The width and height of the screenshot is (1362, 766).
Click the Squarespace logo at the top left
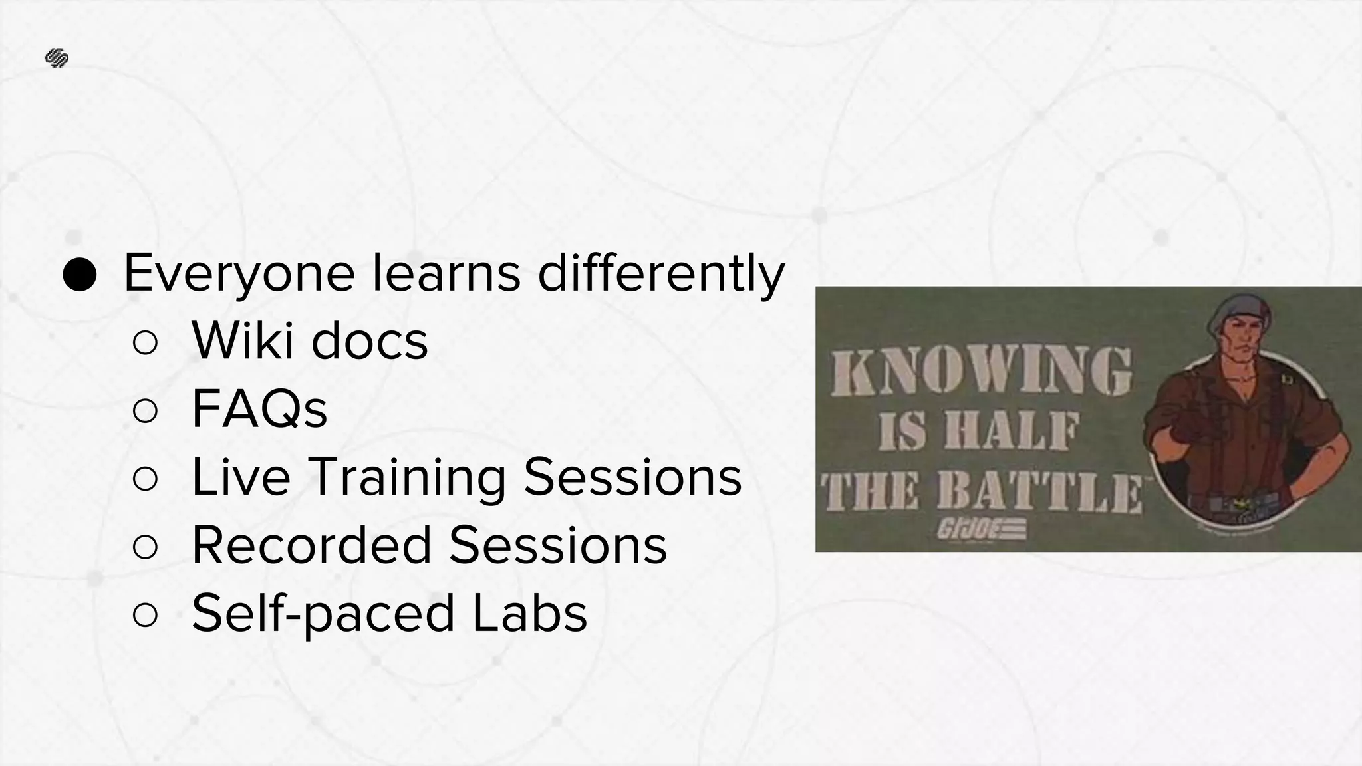click(x=57, y=59)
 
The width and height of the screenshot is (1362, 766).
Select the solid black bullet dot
click(x=80, y=274)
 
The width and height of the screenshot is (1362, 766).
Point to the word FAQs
click(x=259, y=410)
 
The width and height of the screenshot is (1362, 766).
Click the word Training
click(x=407, y=477)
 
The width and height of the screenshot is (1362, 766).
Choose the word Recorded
click(x=312, y=545)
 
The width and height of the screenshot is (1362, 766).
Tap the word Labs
click(x=529, y=613)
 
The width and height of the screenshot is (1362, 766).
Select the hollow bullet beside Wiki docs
click(x=145, y=343)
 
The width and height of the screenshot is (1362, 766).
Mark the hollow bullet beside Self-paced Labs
click(x=145, y=615)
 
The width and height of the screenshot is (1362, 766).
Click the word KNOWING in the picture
click(x=980, y=372)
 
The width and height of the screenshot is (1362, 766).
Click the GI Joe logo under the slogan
click(x=982, y=529)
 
